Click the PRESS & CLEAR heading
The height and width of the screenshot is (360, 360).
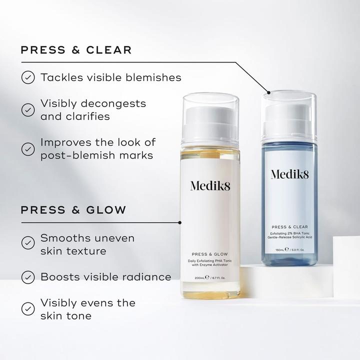[76, 50]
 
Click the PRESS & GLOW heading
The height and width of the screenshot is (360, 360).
[73, 209]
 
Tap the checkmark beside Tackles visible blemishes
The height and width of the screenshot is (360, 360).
[28, 77]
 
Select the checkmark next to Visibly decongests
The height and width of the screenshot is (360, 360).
[28, 109]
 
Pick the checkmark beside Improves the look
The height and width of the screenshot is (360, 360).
[28, 148]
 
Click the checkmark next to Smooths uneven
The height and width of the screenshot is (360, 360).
[28, 243]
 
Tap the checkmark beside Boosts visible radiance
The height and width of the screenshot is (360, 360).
[28, 276]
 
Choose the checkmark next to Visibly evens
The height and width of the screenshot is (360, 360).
[28, 308]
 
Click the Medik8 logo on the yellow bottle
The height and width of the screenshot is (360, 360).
[210, 185]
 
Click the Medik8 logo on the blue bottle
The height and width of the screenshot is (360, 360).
[289, 174]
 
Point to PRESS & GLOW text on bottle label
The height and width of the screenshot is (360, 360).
[210, 254]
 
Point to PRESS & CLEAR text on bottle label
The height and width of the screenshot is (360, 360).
[289, 226]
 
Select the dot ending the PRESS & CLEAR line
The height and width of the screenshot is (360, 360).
[269, 92]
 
